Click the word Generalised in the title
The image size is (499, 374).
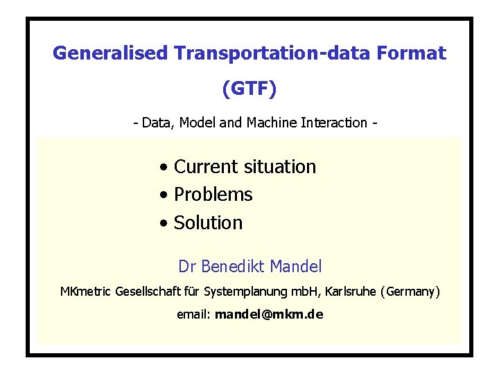click(x=111, y=53)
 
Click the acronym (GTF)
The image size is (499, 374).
click(x=249, y=88)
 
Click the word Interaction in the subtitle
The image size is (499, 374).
click(x=335, y=123)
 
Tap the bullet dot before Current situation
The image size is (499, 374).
click(x=162, y=168)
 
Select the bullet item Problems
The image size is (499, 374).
click(x=213, y=195)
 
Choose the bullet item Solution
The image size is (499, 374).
click(x=208, y=223)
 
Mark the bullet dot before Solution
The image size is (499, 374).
click(x=162, y=224)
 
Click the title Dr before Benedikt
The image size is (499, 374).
click(x=186, y=266)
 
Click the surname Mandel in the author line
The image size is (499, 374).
click(x=296, y=266)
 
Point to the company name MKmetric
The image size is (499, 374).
click(x=87, y=292)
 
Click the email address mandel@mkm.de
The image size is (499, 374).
click(x=269, y=314)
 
